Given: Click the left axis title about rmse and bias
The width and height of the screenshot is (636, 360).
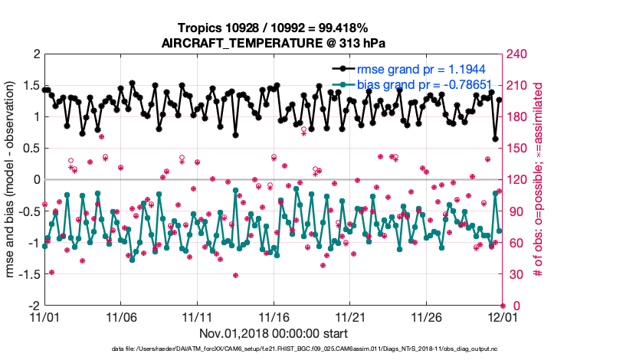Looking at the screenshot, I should [13, 180].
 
